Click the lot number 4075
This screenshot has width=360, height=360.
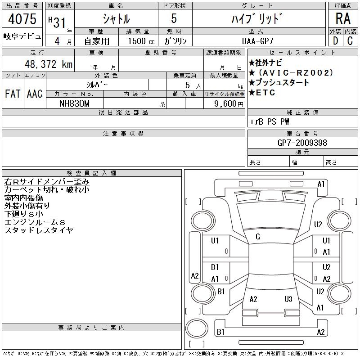click(22, 19)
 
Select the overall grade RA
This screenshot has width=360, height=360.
click(343, 18)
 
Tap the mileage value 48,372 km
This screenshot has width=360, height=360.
click(49, 64)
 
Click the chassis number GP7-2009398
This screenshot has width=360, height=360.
click(302, 143)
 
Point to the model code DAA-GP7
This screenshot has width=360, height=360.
click(257, 41)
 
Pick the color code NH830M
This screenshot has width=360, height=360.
click(74, 103)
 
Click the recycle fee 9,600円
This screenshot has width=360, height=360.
click(229, 104)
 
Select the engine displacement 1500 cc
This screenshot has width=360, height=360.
click(141, 41)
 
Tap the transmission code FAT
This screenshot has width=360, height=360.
click(13, 94)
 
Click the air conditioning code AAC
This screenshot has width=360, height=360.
click(35, 94)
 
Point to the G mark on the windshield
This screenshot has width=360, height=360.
click(258, 237)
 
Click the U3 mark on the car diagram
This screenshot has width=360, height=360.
click(288, 299)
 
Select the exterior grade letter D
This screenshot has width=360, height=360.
click(335, 41)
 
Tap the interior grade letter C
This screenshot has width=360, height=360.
click(350, 41)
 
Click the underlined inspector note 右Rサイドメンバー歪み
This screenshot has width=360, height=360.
click(47, 182)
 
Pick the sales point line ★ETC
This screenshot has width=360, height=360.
click(262, 93)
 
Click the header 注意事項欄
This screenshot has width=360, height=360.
click(123, 133)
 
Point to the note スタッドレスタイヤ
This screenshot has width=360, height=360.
click(39, 230)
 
